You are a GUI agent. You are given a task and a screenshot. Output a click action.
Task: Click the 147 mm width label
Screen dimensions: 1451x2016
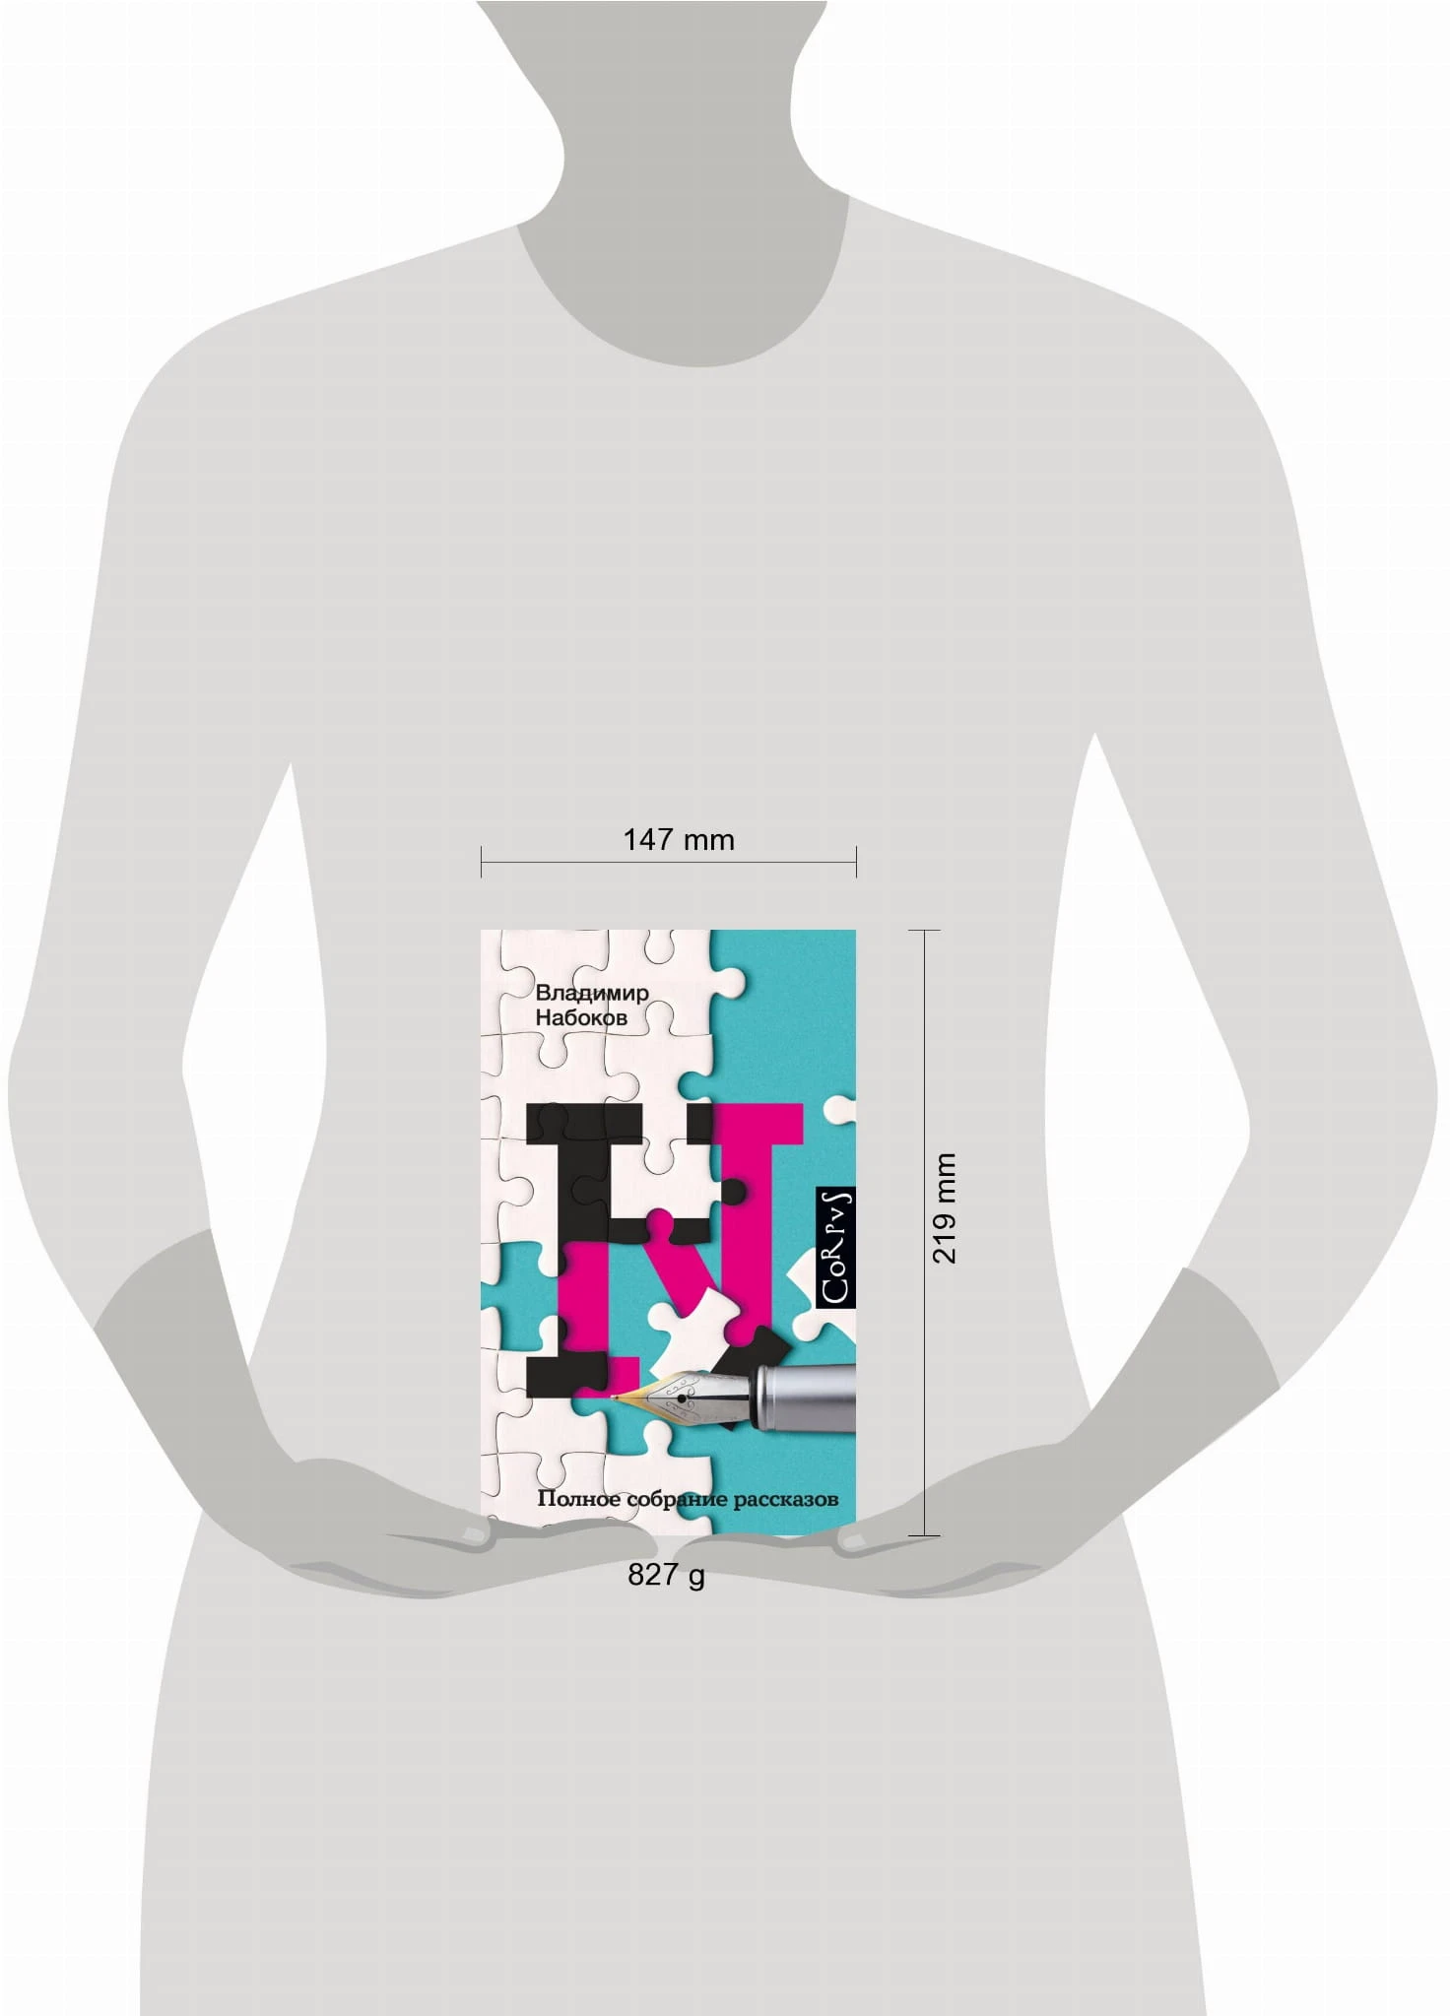679,839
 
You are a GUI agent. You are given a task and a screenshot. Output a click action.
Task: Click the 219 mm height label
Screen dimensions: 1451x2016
944,1207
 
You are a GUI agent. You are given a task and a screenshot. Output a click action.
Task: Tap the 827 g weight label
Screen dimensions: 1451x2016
666,1575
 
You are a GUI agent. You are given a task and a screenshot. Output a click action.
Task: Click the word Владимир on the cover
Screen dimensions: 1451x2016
592,993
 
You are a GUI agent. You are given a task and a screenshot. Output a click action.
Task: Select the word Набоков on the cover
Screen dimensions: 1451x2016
581,1018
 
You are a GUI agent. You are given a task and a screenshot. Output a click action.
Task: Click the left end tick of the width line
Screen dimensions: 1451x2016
481,862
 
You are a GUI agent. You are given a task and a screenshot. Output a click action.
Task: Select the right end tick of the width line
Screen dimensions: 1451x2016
856,862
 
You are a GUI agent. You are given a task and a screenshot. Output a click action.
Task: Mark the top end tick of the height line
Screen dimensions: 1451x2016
924,930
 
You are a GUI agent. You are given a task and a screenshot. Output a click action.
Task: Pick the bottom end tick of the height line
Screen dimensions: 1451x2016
924,1535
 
